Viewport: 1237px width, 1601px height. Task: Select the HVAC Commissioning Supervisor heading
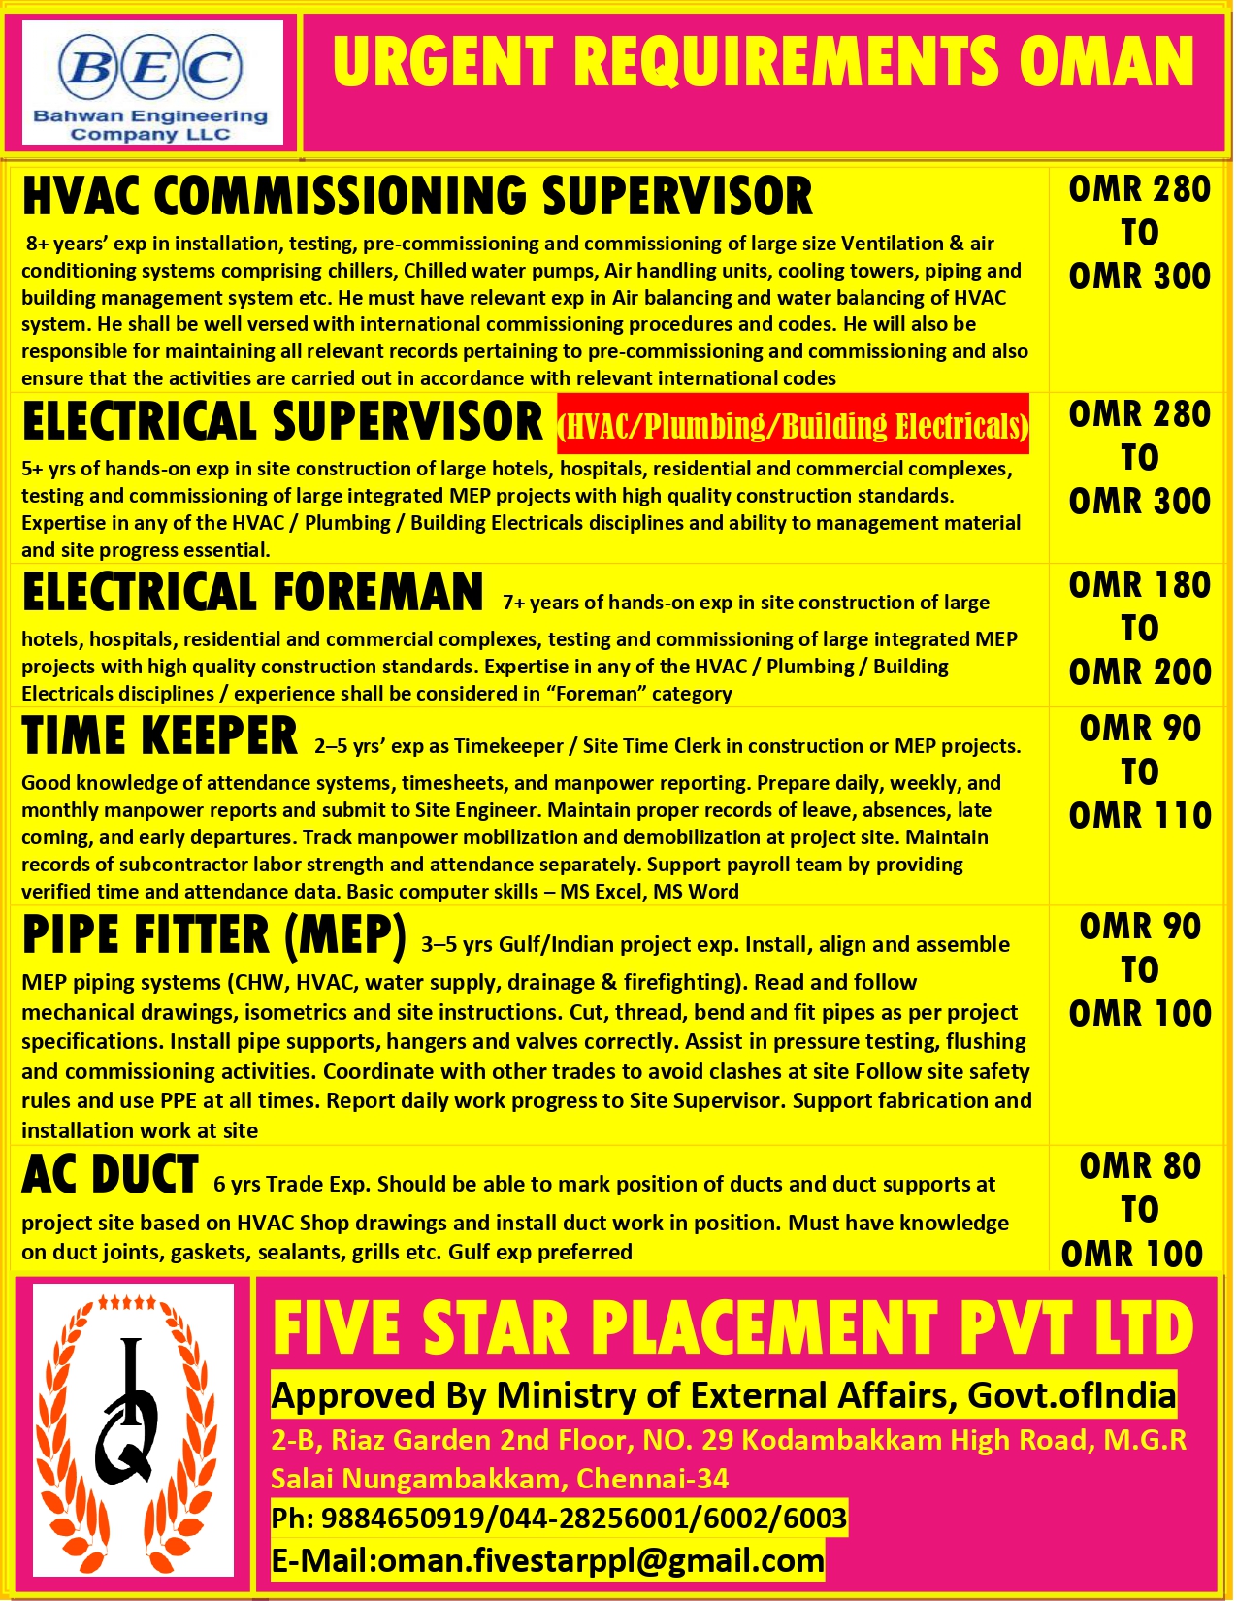(417, 196)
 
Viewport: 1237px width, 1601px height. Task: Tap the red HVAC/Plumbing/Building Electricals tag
(793, 425)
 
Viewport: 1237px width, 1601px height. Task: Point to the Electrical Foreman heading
(252, 592)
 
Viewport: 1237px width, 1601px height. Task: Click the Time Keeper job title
(159, 735)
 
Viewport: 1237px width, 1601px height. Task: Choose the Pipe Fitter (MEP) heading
(213, 934)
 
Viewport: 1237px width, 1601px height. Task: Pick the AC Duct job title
(110, 1174)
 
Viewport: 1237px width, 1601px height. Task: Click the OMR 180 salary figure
(1139, 585)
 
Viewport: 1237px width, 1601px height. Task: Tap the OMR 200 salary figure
(1139, 671)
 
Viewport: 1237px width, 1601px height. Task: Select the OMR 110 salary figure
(1139, 815)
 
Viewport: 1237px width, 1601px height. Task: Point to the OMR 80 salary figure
(1139, 1165)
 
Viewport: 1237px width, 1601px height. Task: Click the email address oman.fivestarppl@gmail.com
(601, 1560)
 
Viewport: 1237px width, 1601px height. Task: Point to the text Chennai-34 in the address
(652, 1479)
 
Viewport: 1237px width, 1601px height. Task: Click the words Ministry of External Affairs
(728, 1395)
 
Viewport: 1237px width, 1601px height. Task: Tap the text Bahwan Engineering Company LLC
(150, 124)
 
